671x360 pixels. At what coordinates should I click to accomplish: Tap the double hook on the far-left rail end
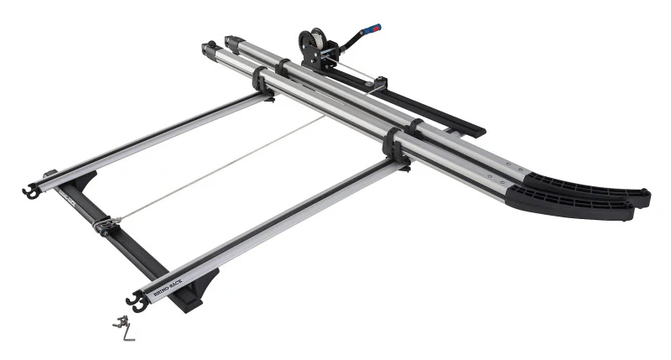(x=29, y=190)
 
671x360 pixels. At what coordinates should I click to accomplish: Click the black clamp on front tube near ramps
(x=393, y=144)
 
